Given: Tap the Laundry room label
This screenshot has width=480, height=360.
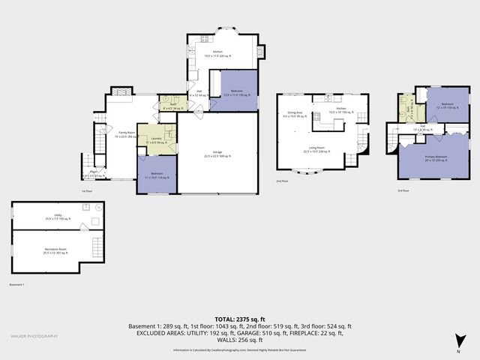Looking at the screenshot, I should [157, 140].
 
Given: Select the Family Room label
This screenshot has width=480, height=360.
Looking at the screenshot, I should [127, 134].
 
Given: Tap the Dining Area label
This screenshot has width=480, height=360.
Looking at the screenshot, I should [294, 115].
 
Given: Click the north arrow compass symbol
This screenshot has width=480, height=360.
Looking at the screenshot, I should [457, 345].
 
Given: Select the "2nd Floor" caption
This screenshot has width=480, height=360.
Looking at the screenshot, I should [282, 181].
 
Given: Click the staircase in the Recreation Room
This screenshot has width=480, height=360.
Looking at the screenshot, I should [94, 246].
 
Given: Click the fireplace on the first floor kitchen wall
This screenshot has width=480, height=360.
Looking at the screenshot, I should [260, 52].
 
